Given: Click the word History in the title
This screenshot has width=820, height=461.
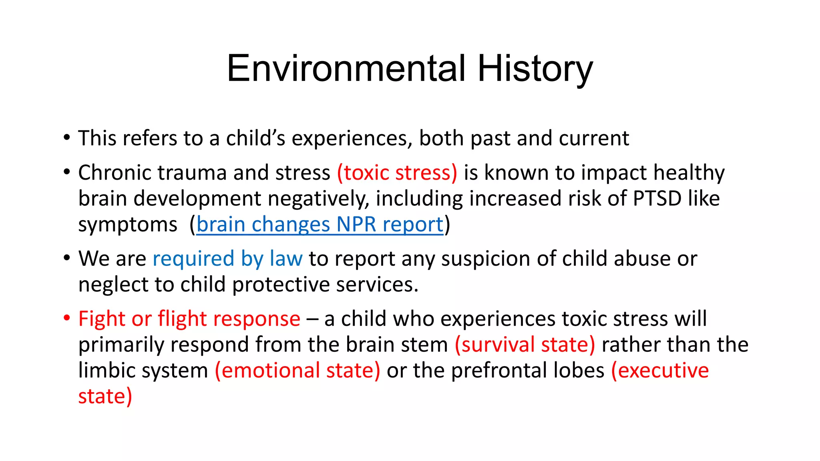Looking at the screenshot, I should pos(535,69).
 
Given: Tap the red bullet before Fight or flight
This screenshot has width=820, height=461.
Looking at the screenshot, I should pos(67,319).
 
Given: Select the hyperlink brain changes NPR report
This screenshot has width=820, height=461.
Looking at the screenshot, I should pos(320,224).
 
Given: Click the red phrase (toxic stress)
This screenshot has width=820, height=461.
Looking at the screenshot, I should pos(397,173).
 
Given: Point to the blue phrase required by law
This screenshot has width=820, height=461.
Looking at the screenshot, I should pos(227,259).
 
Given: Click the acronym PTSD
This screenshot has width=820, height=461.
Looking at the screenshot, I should pos(657,198).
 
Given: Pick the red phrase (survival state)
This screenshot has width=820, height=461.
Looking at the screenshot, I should pos(525,345).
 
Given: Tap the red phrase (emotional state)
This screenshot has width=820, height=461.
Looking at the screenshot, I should pos(297,371).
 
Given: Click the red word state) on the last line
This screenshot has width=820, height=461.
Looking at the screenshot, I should pos(105,397).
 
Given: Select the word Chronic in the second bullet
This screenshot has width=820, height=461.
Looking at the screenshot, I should pos(115,173).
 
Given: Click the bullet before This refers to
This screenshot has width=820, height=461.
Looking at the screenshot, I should pos(67,138).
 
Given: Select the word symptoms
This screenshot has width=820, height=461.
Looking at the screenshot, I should pos(127,225).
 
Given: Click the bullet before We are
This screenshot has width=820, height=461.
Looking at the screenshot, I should pos(67,259).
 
